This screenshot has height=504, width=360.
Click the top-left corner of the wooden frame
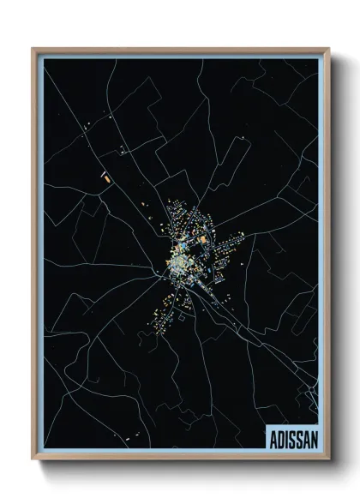coord(33,49)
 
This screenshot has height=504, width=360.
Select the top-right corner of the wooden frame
coord(327,49)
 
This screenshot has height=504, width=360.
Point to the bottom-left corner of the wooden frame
coord(33,459)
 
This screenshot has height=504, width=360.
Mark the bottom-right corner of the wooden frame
coord(327,459)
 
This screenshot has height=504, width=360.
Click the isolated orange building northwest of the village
coord(106,180)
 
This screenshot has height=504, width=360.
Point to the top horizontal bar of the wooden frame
coord(180,50)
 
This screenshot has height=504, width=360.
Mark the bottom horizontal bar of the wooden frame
coord(180,459)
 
